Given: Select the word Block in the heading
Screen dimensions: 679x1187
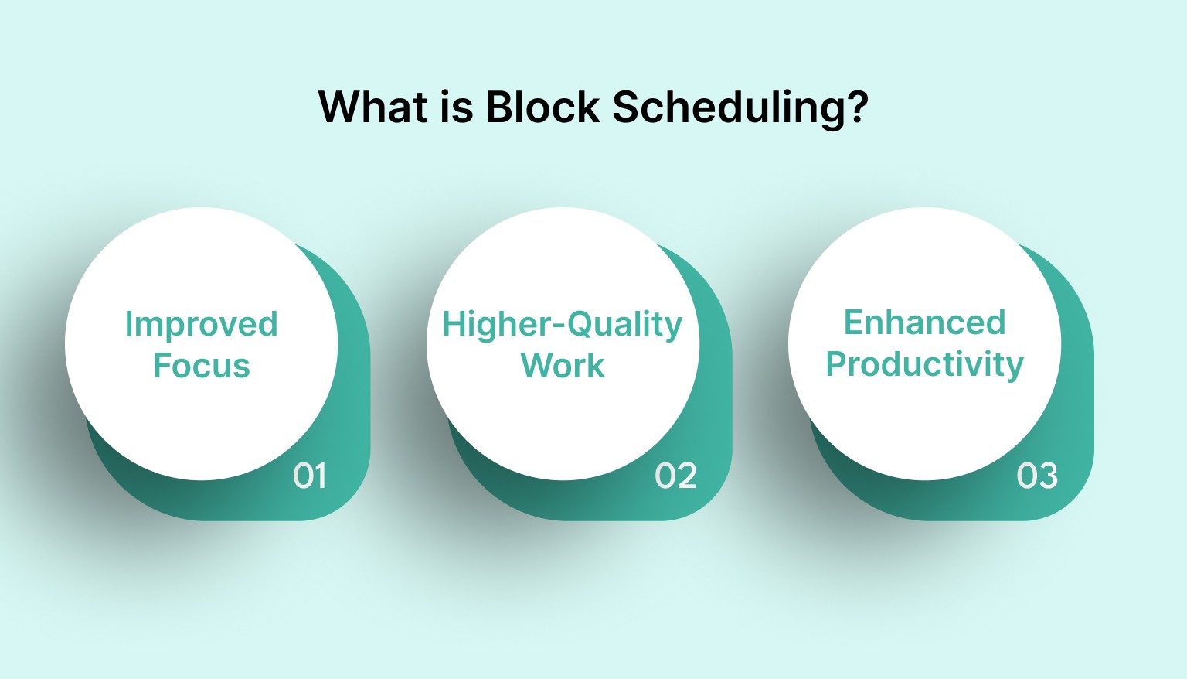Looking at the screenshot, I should pos(542,107).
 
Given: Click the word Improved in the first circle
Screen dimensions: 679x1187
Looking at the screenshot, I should pos(201,324).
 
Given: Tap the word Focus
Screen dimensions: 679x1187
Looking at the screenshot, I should pos(202,366).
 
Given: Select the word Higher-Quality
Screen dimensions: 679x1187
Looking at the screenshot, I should pos(562,325).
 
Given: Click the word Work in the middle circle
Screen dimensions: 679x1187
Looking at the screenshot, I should pos(563,366).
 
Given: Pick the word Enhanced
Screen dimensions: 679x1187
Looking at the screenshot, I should pos(924,322).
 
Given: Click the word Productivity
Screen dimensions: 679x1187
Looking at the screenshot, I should pos(924,364).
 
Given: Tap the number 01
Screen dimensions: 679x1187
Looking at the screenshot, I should pos(310,476).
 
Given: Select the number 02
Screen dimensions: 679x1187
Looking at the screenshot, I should pos(675,476).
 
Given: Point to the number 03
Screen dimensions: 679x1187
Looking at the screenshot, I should pos(1037,476).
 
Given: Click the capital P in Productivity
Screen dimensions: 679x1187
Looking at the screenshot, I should pos(838,363).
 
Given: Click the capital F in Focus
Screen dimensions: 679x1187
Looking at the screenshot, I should pos(163,365).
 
